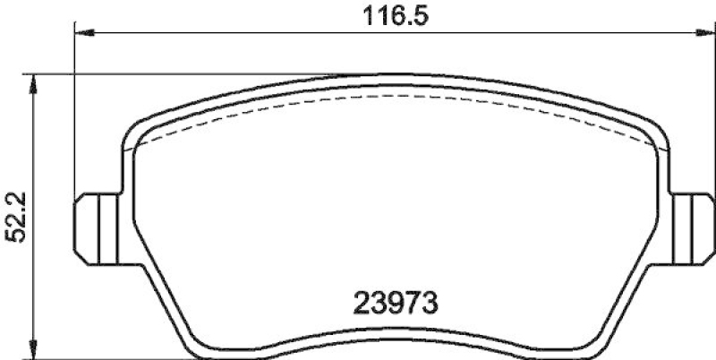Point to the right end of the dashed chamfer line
coord(652,143)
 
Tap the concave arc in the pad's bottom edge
coord(389,339)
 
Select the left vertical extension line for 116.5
coord(73,116)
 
